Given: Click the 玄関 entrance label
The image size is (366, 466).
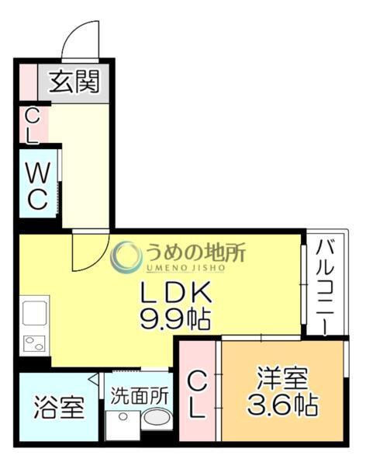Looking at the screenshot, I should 75,83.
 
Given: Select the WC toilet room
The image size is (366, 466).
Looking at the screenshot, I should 37,185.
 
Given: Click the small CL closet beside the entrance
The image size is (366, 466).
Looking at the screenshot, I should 33,124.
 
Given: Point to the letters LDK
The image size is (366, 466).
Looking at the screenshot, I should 175,293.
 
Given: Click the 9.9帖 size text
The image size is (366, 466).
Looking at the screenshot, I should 175,318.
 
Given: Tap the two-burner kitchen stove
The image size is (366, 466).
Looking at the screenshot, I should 36,343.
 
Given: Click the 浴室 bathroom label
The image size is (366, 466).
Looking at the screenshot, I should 59,408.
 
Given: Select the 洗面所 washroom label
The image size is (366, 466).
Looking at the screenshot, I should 140,395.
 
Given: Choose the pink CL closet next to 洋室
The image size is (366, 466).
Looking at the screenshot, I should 199,394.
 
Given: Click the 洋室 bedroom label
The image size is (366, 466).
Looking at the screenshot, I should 282,380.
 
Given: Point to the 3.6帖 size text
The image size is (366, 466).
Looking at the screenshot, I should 282,405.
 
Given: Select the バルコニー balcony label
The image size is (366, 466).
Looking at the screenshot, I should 324,283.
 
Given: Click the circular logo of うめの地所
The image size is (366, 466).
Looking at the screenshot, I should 126,257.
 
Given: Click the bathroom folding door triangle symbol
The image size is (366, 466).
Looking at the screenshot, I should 94,378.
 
